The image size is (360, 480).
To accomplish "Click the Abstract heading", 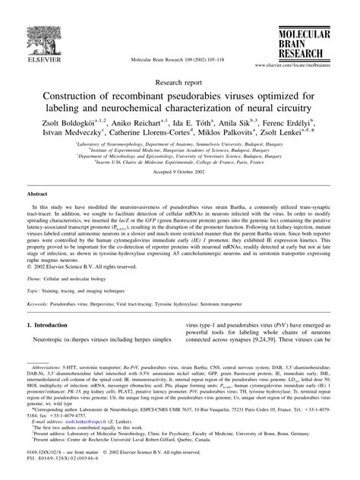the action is pos(38,194).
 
